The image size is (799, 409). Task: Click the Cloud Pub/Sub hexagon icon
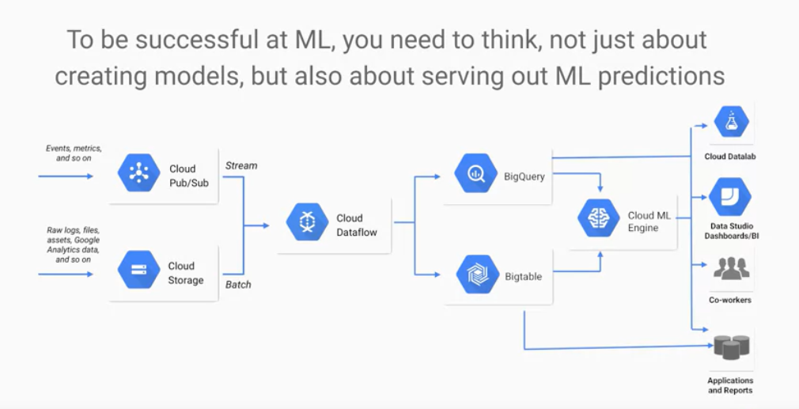139,173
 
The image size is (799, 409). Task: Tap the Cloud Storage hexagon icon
139,270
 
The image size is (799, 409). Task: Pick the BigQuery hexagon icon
476,174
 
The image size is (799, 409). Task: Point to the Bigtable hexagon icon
477,275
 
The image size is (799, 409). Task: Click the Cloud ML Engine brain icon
599,218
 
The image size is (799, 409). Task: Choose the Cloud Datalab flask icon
731,121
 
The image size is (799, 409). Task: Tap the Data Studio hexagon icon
729,197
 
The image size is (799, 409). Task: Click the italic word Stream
241,165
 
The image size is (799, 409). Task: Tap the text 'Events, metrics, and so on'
69,153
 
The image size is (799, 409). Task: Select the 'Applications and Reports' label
730,385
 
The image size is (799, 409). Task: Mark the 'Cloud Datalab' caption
730,157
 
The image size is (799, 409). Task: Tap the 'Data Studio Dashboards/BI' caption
730,231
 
